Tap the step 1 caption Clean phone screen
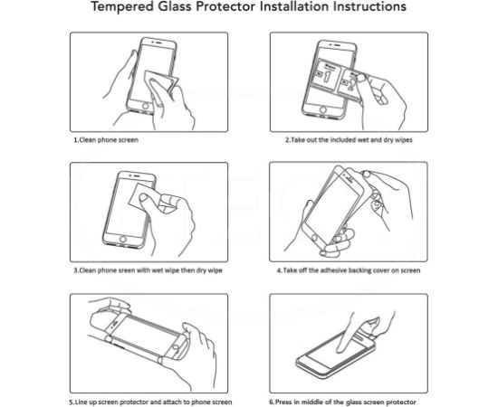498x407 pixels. click(106, 141)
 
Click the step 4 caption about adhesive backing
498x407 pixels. click(347, 270)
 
